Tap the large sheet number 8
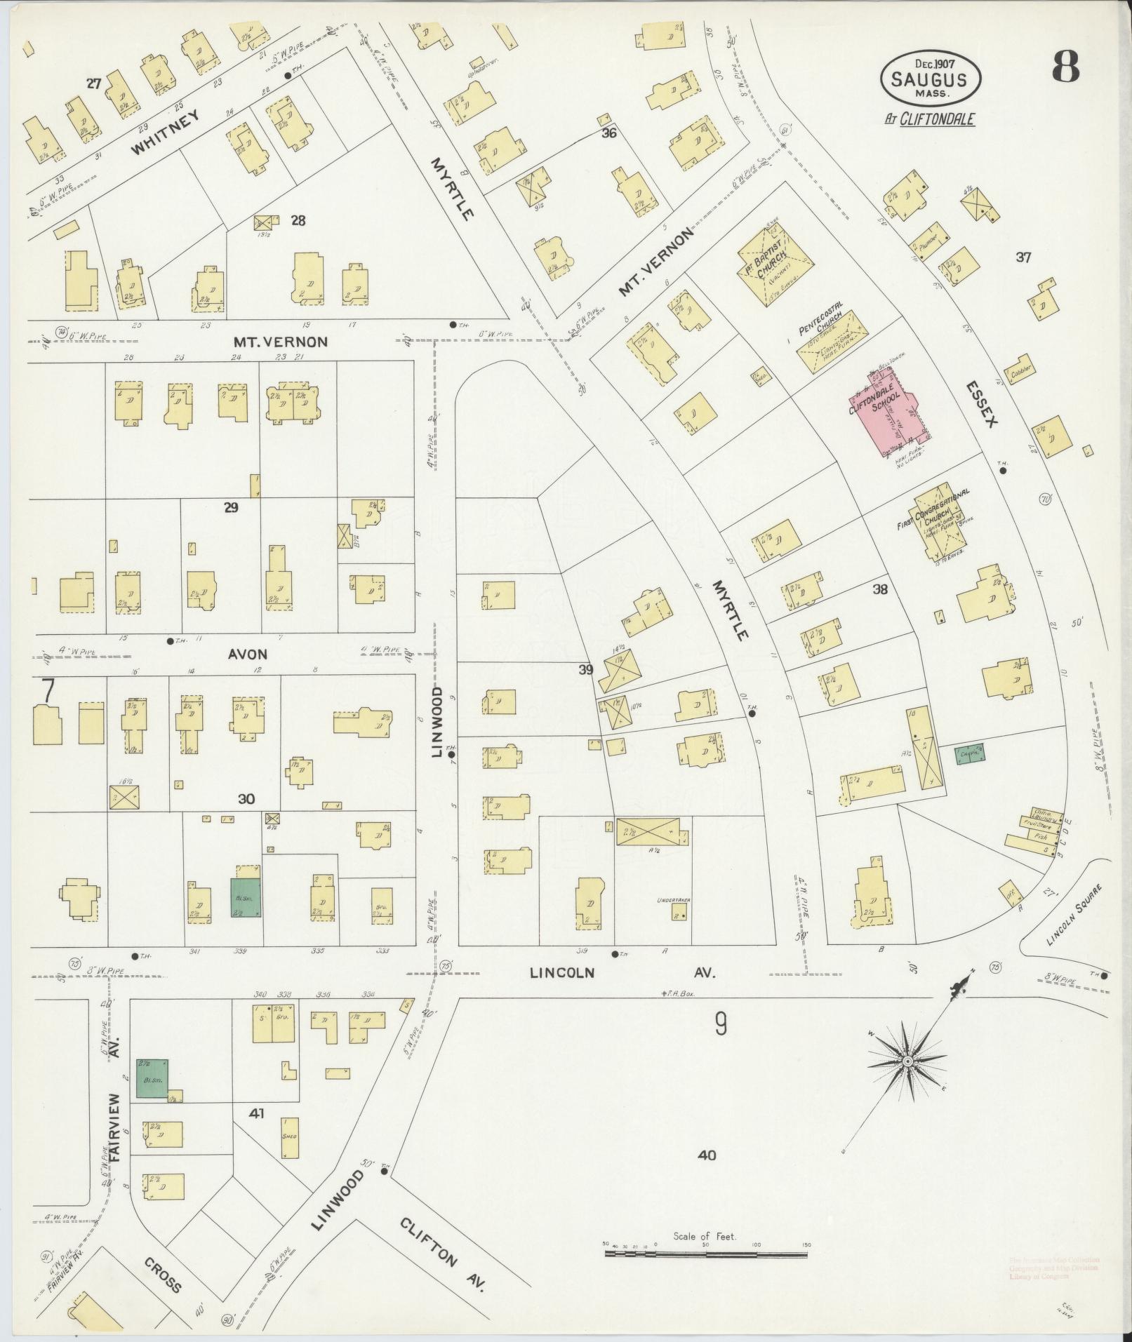1065,68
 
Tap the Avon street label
247,654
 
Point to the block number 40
707,1155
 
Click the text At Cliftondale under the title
929,119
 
